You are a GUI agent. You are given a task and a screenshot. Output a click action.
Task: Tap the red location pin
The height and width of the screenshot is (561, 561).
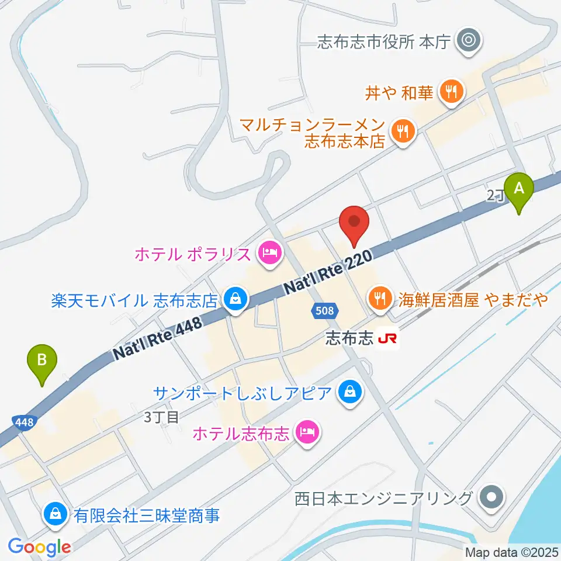tap(355, 224)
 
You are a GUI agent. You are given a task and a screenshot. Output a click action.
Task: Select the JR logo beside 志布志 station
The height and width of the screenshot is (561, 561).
tap(387, 339)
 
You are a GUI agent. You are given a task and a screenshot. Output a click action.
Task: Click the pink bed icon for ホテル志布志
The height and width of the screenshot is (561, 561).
tap(306, 433)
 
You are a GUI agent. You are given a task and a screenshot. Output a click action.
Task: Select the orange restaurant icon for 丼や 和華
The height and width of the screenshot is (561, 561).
tap(451, 91)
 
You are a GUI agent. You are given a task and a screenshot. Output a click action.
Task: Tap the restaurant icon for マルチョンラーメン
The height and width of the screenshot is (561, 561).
tap(402, 131)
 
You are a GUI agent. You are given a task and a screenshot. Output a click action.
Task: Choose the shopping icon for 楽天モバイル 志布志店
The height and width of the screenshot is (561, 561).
tap(236, 301)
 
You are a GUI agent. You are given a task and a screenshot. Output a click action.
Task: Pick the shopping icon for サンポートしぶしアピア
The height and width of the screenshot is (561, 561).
tap(349, 391)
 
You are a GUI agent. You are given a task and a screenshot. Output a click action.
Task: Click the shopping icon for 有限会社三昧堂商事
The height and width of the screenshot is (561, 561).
tap(54, 514)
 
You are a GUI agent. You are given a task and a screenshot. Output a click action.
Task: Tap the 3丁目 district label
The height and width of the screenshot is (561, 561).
tap(161, 417)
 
